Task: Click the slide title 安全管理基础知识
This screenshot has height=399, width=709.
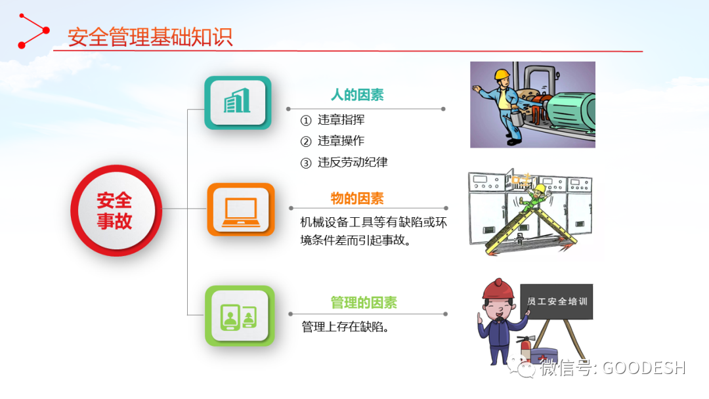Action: [x=150, y=37]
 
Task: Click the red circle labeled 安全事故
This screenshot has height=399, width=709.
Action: [x=116, y=211]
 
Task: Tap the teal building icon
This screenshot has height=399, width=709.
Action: [x=238, y=102]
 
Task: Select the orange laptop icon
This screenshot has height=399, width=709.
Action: [x=241, y=209]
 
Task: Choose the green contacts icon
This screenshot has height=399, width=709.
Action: [x=240, y=316]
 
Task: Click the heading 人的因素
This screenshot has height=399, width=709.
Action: [x=357, y=95]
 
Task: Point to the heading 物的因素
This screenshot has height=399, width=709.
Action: [x=357, y=198]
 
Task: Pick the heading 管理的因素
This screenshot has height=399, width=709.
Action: [x=364, y=303]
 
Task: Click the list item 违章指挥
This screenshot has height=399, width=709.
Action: [x=341, y=119]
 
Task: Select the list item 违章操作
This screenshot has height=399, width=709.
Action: [x=341, y=141]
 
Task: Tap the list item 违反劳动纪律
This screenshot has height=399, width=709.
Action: [x=353, y=162]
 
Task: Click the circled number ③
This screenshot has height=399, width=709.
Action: [x=306, y=163]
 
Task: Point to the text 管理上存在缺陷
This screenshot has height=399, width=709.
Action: [x=345, y=327]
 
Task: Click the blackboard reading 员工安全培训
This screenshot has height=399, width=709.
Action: [x=557, y=301]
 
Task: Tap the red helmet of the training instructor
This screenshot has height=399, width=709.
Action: [x=498, y=289]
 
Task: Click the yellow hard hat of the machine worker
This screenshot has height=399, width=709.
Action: [x=502, y=74]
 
